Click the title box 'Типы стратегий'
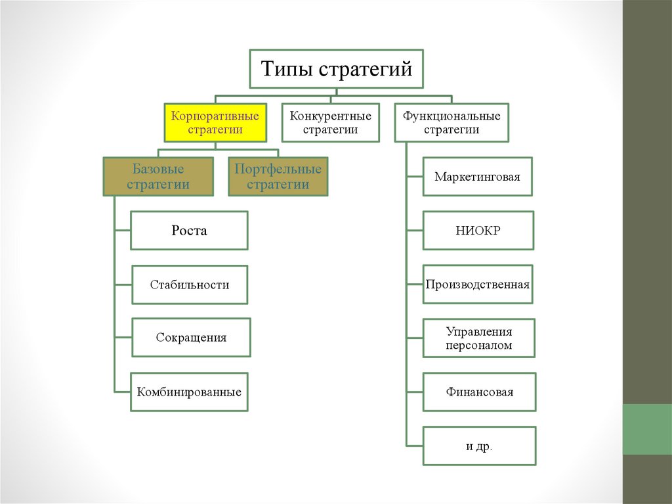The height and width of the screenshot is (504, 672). tap(337, 68)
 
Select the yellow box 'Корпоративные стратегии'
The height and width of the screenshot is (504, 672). tap(215, 123)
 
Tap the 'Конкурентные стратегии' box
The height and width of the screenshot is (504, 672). tap(331, 123)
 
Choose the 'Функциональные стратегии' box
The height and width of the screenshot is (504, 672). tap(451, 123)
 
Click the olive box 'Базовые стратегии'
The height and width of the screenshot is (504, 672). tap(158, 177)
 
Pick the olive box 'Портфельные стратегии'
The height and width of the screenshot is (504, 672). tap(278, 177)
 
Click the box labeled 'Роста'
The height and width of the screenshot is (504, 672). tap(189, 231)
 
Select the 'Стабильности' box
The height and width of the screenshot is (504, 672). tap(190, 285)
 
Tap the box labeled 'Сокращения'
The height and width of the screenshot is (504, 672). tap(191, 338)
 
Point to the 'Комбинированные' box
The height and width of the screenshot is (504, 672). tap(189, 392)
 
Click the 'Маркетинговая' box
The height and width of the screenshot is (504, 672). tap(477, 177)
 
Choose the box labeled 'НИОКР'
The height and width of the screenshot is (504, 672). tap(478, 231)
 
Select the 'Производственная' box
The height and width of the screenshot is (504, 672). tap(478, 285)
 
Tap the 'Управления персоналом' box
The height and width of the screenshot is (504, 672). tap(479, 338)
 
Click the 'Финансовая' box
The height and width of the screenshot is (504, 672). tap(479, 392)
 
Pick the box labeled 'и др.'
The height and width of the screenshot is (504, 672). tap(479, 446)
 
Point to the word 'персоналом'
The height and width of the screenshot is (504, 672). tap(479, 345)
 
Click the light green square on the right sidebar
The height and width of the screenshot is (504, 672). tap(646, 429)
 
